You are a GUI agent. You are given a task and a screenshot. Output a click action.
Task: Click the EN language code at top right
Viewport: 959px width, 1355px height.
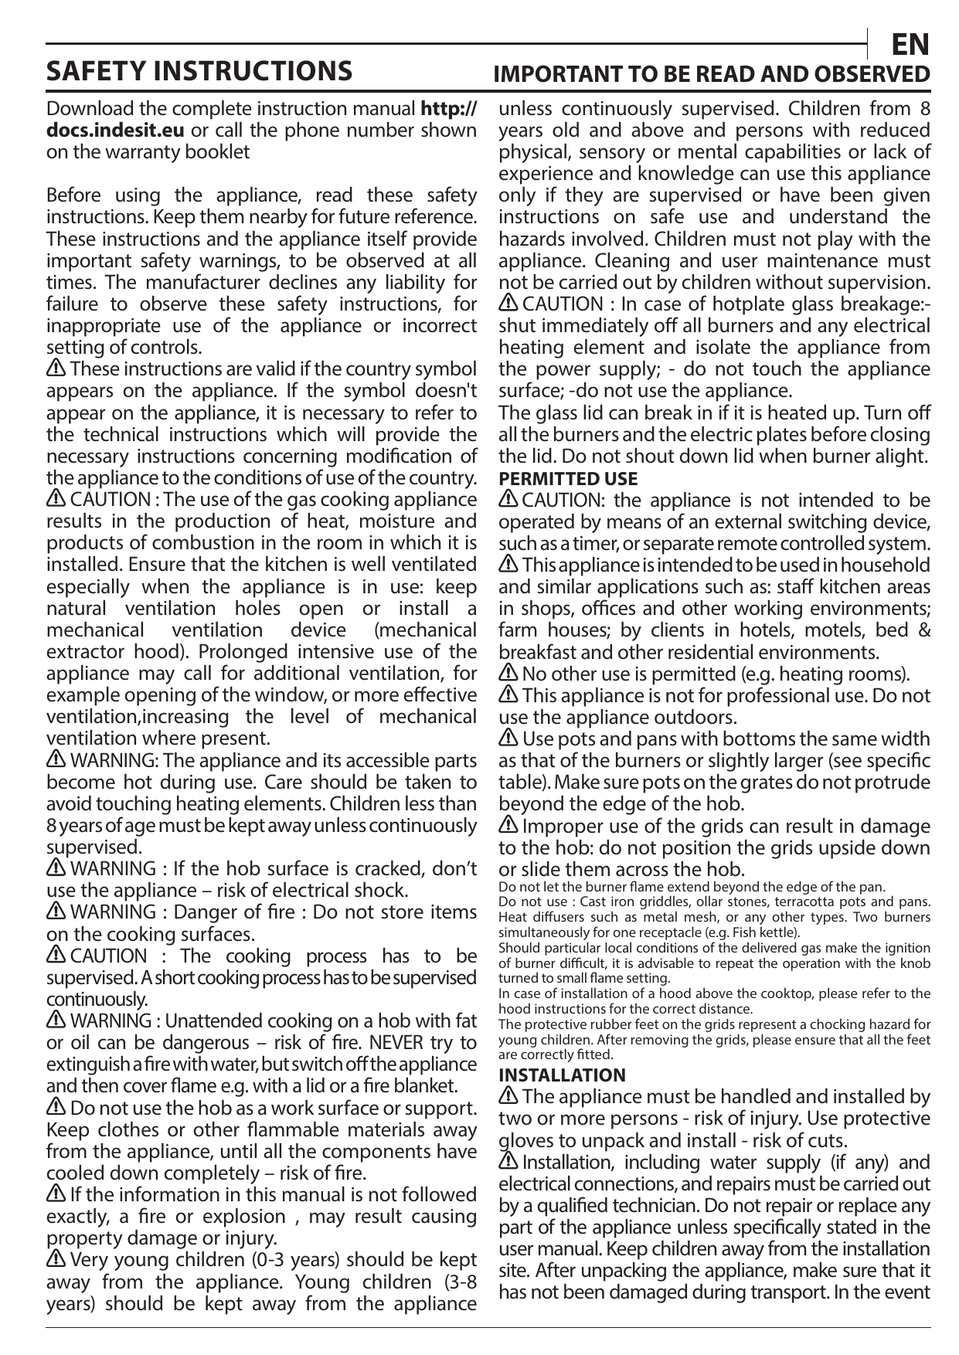910,45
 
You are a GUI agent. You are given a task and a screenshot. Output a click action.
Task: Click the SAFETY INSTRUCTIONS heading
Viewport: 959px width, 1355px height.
199,71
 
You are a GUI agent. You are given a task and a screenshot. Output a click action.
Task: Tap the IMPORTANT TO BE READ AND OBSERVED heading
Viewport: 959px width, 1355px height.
712,74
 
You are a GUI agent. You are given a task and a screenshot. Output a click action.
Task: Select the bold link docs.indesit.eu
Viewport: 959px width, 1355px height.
115,130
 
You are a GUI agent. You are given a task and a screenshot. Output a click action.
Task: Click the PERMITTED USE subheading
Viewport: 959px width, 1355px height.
568,478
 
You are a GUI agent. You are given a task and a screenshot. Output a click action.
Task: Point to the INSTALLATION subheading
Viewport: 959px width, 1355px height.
562,1075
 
